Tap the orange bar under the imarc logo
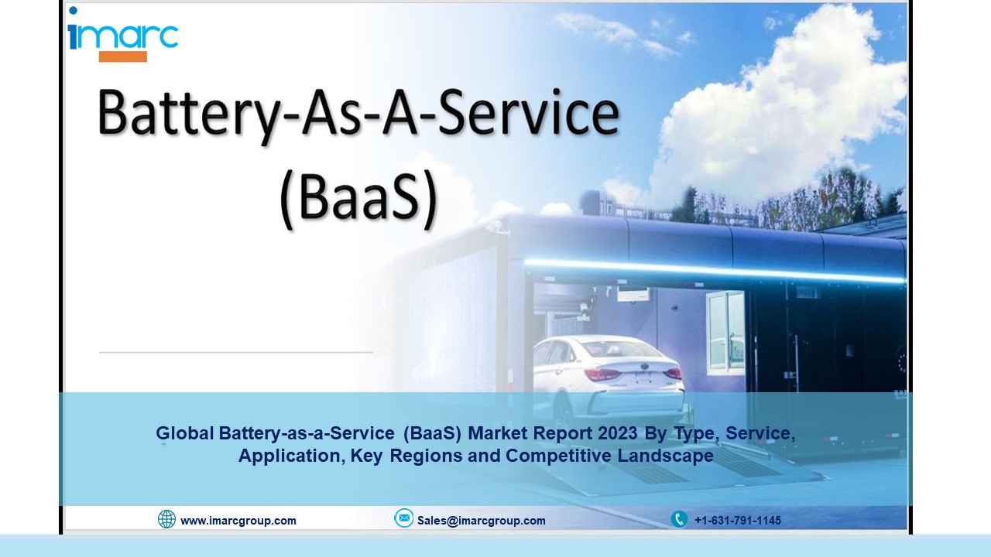[x=123, y=56]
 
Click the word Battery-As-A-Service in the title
[x=358, y=114]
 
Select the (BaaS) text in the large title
[x=358, y=199]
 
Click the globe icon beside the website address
[x=166, y=519]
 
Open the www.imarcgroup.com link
[x=238, y=521]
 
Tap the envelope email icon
[x=403, y=518]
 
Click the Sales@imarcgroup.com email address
[x=482, y=521]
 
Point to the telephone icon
[x=679, y=519]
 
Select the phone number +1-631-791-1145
[x=738, y=521]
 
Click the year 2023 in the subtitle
[x=618, y=433]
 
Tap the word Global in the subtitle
[x=185, y=433]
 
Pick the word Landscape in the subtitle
[x=665, y=456]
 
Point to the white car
[x=609, y=379]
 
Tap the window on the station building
[x=726, y=331]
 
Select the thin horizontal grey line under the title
[x=236, y=352]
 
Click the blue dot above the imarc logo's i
[x=74, y=10]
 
